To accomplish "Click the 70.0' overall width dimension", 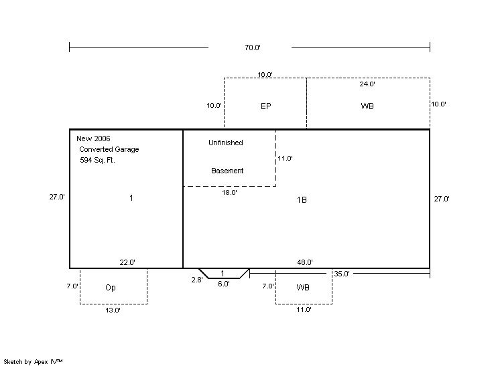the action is pos(253,48).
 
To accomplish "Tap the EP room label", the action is pos(266,106).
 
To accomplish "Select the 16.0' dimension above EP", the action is pos(265,74).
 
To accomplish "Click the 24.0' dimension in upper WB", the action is pos(367,84).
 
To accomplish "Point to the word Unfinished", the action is pos(226,143).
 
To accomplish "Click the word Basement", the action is pos(227,171).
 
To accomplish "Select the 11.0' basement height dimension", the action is pos(285,158).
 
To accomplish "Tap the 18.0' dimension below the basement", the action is pos(230,192).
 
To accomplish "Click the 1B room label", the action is pos(302,199).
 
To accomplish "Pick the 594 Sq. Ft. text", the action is pos(97,160).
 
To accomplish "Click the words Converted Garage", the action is pos(109,149).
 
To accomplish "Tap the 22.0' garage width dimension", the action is pos(127,262).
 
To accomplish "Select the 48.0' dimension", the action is pos(305,262).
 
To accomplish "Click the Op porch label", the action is pos(111,288).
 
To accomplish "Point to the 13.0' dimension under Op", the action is pos(113,310).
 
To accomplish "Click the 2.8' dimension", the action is pos(197,280).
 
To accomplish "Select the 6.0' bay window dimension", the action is pos(224,284).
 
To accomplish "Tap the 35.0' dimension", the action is pos(342,274).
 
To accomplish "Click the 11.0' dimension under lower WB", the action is pos(304,309).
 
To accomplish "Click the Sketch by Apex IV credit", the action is pos(33,362).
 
